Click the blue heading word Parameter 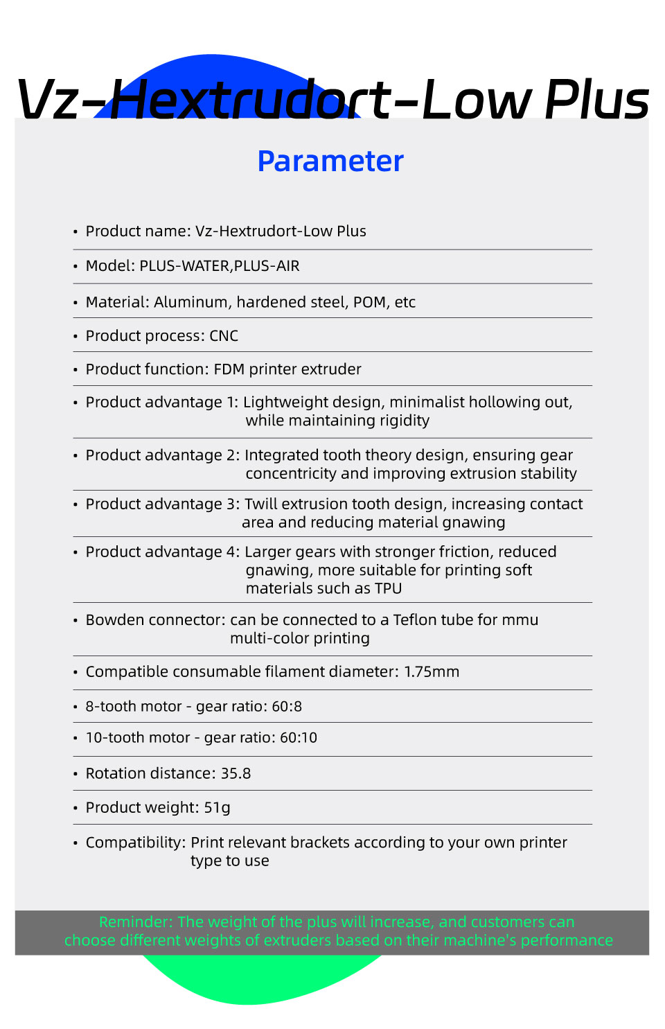(330, 161)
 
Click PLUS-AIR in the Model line (267, 266)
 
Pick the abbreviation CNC (224, 336)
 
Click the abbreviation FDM (229, 369)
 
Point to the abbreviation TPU (389, 589)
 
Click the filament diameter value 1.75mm (432, 672)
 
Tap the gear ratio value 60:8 (287, 707)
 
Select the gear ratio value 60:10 (299, 738)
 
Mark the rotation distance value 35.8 (236, 773)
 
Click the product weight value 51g (217, 808)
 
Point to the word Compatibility (135, 843)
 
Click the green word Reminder (135, 922)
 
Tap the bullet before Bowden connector (75, 620)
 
